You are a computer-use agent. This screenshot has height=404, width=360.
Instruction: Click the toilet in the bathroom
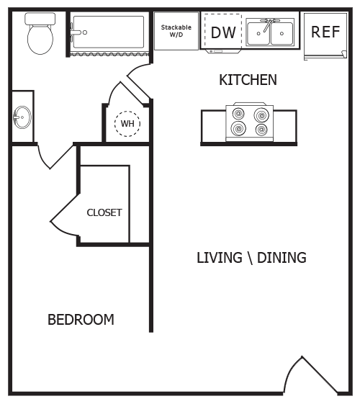click(x=40, y=34)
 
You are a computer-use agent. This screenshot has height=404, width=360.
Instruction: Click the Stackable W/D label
click(x=176, y=31)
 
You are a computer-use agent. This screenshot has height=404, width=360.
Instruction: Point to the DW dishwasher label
click(x=223, y=32)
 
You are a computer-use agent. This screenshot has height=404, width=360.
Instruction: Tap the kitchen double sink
click(x=270, y=33)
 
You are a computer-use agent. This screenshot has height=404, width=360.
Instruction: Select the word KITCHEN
click(x=248, y=80)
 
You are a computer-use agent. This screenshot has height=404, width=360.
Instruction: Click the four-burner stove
click(x=248, y=122)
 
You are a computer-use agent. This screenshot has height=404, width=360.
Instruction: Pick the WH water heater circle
click(x=127, y=123)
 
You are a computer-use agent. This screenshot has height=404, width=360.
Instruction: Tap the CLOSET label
click(x=104, y=212)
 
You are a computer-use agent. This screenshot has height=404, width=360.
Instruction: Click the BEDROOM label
click(x=81, y=320)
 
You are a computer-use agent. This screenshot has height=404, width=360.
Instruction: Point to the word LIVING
click(x=219, y=258)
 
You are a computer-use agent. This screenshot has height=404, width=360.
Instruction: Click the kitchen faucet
click(x=270, y=25)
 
